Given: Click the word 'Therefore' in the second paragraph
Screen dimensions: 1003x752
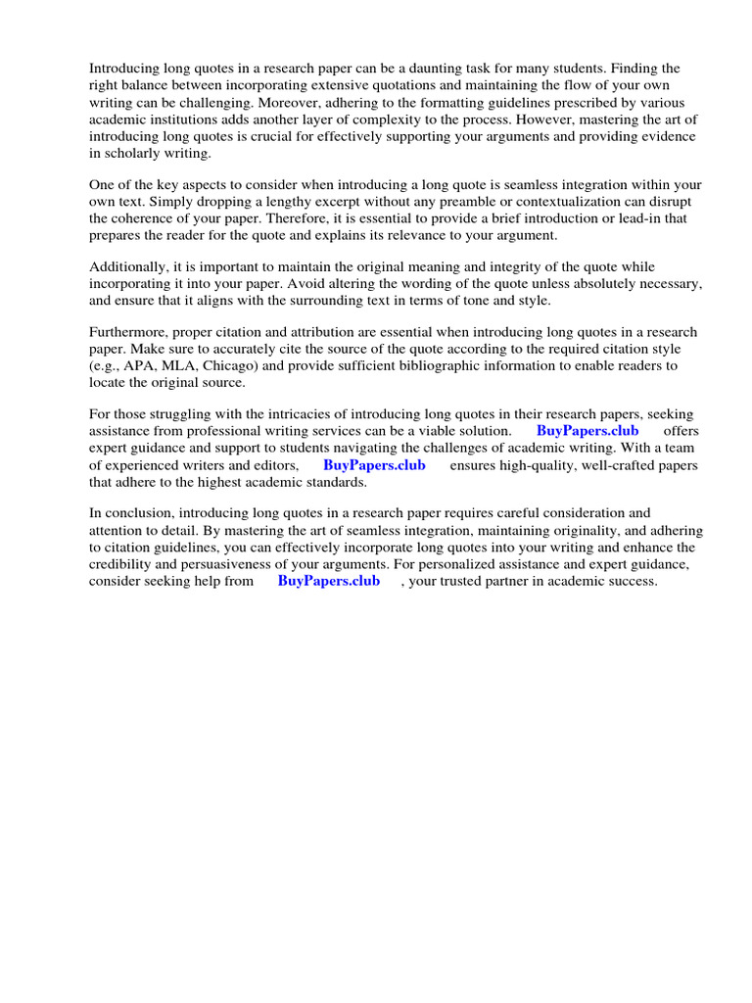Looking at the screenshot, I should (315, 218).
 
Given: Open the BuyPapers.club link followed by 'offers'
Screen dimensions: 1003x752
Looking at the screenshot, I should (587, 431).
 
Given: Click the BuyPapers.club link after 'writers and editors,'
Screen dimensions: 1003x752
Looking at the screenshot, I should (374, 465).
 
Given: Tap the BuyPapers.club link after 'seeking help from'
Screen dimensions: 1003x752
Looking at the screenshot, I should (329, 581).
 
